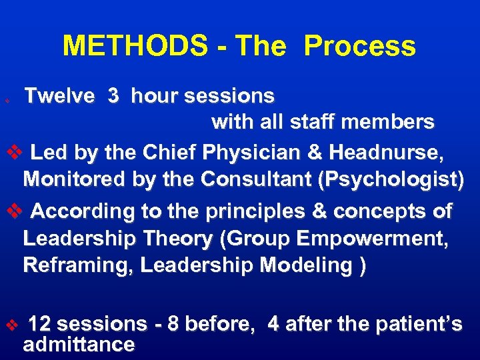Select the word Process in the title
pos(360,47)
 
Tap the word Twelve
pos(60,97)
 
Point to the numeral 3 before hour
pos(113,97)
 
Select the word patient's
pos(426,325)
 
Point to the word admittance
pos(79,345)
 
